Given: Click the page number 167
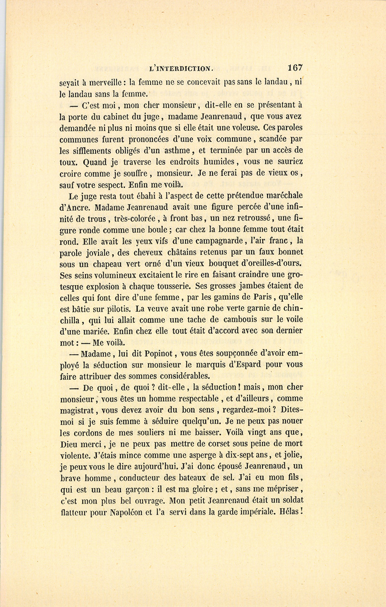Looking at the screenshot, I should (296, 67).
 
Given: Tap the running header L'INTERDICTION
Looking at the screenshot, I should (180, 68).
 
